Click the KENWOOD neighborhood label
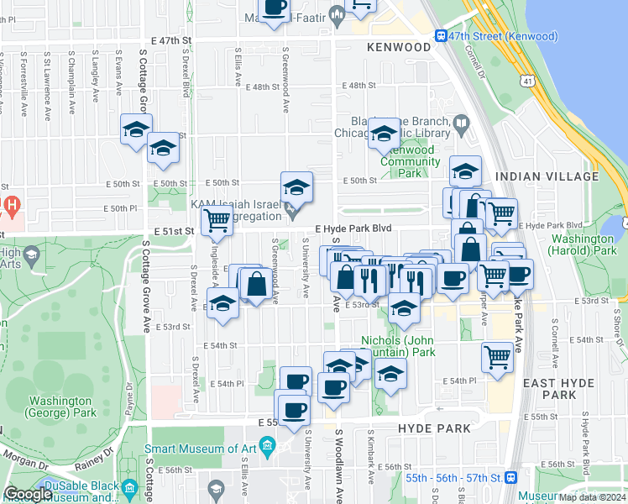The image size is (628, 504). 399,48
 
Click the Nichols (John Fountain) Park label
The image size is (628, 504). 398,346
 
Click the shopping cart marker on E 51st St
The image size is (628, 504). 217,220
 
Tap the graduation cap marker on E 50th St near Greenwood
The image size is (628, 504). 296,187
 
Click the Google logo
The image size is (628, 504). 27,494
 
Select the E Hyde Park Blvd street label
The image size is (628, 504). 353,228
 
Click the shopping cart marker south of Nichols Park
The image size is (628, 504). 497,357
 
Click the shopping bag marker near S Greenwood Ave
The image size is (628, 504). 255,284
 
